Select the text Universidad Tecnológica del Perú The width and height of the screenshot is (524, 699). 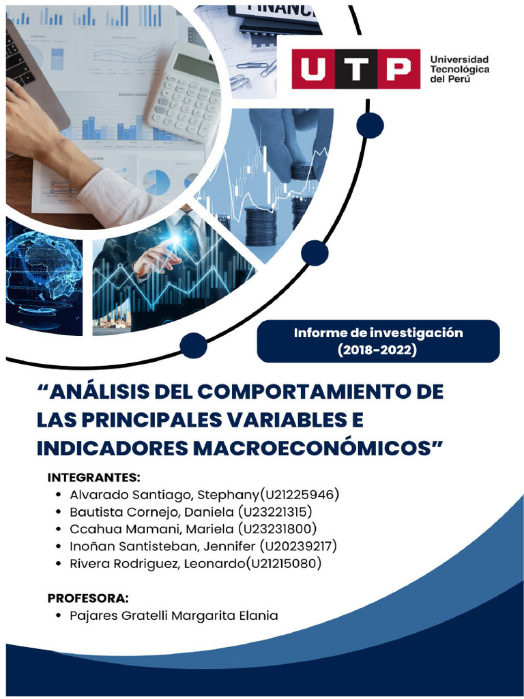pyautogui.click(x=459, y=69)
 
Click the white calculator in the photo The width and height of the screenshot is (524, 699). pyautogui.click(x=185, y=92)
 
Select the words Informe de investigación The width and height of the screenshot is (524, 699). pyautogui.click(x=378, y=333)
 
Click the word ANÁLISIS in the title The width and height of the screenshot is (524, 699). pyautogui.click(x=116, y=393)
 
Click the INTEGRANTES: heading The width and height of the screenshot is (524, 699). pyautogui.click(x=93, y=476)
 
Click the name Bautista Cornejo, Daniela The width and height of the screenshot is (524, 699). pyautogui.click(x=151, y=511)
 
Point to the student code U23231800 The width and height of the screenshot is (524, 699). pyautogui.click(x=277, y=529)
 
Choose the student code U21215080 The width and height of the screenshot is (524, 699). pyautogui.click(x=285, y=564)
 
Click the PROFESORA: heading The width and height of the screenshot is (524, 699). pyautogui.click(x=88, y=599)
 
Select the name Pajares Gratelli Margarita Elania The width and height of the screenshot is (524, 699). pyautogui.click(x=174, y=616)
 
